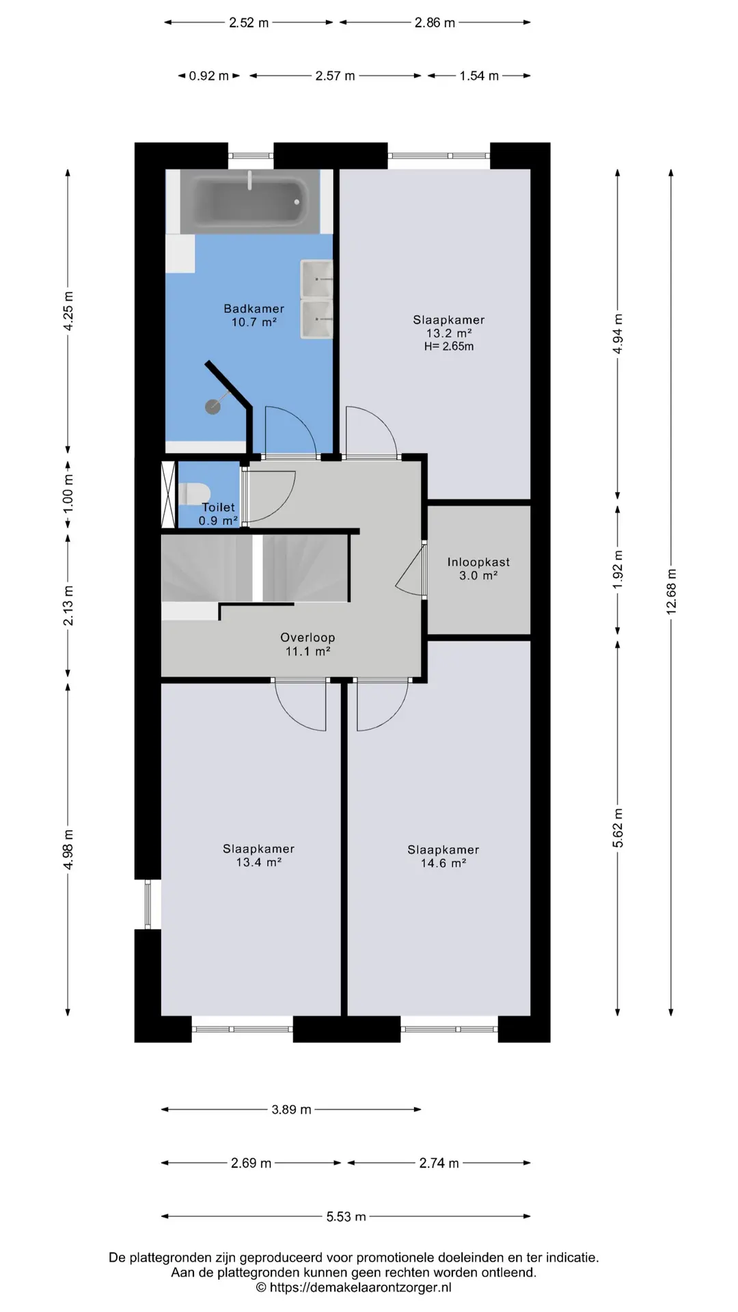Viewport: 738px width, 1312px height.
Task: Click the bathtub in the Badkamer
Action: coord(249,202)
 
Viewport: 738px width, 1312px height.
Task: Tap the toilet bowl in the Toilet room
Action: coord(194,493)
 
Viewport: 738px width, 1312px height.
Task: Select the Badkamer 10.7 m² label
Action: coord(254,315)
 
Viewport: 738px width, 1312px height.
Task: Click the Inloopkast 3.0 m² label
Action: coord(478,569)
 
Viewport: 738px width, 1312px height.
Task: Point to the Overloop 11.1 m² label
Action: coord(307,644)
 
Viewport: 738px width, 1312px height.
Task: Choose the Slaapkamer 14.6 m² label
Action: coord(443,856)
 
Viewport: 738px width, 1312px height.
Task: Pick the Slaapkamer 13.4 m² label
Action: coord(258,856)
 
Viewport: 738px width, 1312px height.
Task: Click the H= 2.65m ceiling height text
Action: coord(449,346)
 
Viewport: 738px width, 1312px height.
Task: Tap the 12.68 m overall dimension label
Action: coord(672,591)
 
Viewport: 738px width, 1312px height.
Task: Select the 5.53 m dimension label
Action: coord(346,1217)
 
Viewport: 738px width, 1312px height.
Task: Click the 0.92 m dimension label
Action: coord(208,76)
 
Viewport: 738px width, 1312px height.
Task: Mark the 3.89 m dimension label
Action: coord(291,1110)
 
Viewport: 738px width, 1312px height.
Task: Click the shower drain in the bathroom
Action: coord(213,407)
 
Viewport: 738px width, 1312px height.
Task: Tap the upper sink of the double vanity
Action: coord(316,279)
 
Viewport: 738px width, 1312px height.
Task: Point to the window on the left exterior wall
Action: coord(148,904)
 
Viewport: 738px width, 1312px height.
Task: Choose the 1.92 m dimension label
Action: coord(618,570)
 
